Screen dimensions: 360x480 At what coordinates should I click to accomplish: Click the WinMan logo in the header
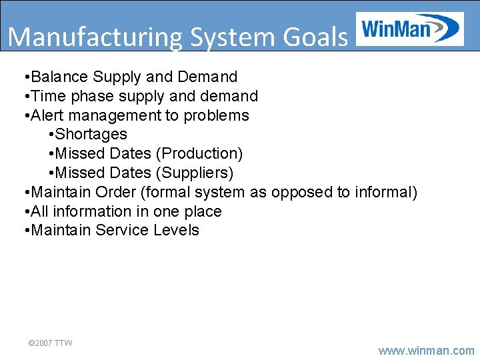(x=410, y=29)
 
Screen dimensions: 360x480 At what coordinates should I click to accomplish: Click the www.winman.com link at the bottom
(x=427, y=350)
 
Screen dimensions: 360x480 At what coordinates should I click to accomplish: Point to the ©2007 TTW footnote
(x=50, y=343)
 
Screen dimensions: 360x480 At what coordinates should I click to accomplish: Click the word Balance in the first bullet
(x=59, y=77)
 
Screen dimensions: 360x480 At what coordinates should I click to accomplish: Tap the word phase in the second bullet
(x=96, y=96)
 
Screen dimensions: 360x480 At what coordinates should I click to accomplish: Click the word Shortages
(x=91, y=135)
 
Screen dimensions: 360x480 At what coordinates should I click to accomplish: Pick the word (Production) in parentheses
(x=199, y=153)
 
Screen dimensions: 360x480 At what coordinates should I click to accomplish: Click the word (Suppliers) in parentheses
(x=195, y=173)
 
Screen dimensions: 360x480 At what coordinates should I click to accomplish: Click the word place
(x=202, y=211)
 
